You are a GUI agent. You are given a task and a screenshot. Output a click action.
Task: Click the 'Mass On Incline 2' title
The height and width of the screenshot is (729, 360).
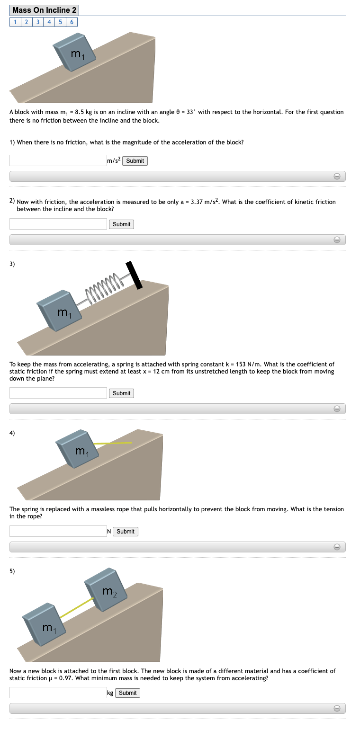45,10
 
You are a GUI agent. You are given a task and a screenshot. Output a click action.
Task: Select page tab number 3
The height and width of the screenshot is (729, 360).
37,22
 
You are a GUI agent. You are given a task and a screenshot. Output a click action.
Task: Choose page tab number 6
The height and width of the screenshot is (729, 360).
72,22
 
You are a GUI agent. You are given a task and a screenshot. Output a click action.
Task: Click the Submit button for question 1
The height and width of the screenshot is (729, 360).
135,161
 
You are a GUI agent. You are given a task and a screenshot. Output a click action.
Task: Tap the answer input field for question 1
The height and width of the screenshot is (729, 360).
58,161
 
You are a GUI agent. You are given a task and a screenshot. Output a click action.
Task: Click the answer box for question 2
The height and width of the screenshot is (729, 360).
58,224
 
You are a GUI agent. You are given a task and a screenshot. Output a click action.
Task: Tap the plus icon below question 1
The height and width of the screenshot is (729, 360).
336,177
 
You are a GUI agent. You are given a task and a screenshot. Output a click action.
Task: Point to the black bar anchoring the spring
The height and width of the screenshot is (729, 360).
134,275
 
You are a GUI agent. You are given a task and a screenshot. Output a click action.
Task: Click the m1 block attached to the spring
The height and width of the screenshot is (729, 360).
59,310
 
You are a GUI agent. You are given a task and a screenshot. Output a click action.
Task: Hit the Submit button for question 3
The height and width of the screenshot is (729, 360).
122,393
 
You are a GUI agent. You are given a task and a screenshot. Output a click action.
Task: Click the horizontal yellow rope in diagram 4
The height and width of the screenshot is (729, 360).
114,443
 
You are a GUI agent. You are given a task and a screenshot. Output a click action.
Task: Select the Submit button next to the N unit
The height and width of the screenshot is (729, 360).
126,532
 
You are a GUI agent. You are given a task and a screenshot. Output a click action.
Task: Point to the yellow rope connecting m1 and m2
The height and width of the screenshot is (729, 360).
76,607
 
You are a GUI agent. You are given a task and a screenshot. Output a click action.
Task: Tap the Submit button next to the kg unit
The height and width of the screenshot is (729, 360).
128,693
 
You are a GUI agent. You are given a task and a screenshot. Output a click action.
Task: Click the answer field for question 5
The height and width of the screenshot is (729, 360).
58,693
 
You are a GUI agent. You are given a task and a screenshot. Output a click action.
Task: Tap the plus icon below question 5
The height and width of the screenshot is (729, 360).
336,709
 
